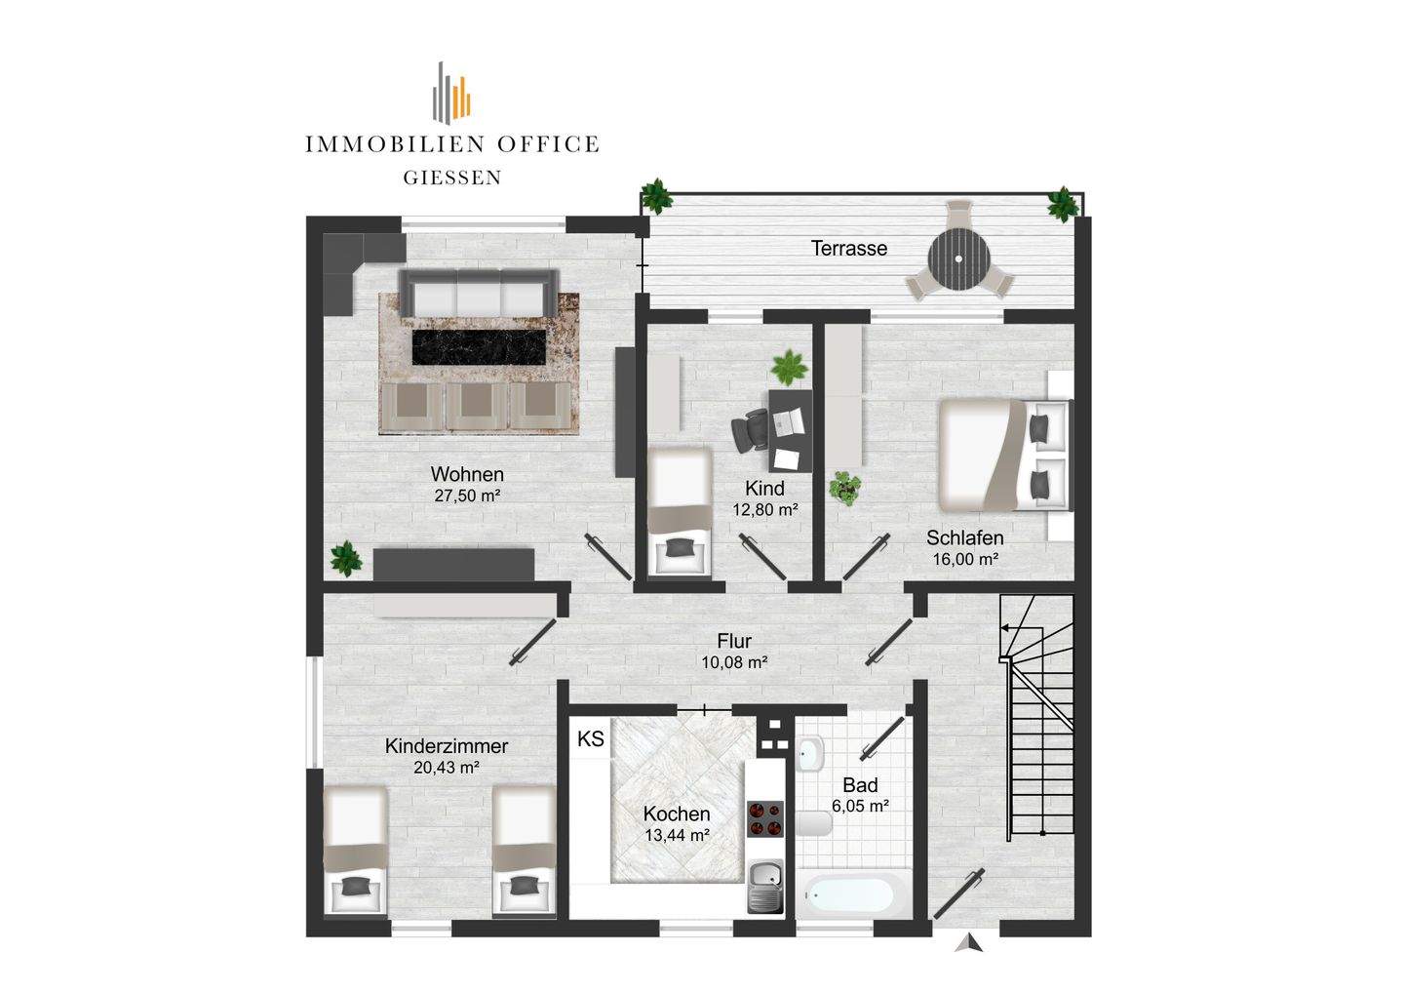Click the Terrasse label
848,248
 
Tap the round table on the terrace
959,258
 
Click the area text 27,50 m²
467,496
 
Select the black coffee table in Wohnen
479,346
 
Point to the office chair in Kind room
751,429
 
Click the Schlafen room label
964,537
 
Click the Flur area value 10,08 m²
734,662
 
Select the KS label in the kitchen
591,739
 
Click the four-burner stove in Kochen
765,818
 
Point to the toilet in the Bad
814,823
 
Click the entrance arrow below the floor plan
969,942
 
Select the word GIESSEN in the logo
452,179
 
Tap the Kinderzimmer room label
447,746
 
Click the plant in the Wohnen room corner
346,559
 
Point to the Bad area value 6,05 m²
860,806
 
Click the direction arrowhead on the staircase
1004,627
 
